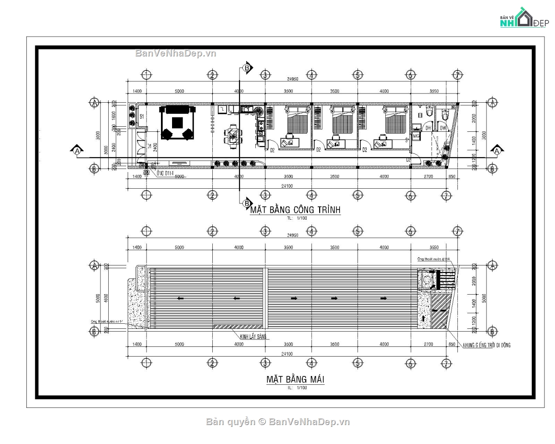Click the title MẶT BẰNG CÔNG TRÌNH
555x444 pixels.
(295, 210)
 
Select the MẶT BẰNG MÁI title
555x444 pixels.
(295, 380)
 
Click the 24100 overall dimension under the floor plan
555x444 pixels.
(287, 186)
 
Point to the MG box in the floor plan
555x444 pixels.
(416, 136)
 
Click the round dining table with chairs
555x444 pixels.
(233, 135)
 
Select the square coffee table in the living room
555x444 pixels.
(177, 123)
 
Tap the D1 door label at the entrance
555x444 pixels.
(149, 147)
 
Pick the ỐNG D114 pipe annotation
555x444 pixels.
(166, 174)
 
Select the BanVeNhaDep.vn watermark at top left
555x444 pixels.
(176, 53)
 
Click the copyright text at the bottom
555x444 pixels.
(277, 421)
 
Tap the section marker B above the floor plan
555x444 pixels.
(247, 68)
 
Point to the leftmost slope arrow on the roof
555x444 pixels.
(180, 298)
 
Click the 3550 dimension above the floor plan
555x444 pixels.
(433, 92)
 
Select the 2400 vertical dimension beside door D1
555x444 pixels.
(155, 147)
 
